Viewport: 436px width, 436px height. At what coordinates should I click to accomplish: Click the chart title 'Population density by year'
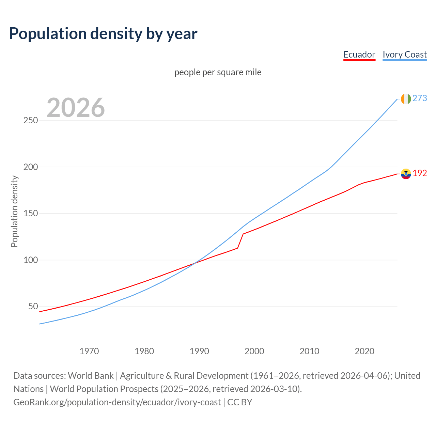click(x=103, y=34)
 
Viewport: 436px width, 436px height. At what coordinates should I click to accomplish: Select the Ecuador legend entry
click(x=359, y=54)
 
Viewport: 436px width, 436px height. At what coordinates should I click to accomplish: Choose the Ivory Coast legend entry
click(x=405, y=54)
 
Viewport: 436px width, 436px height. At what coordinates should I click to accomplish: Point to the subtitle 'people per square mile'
click(x=218, y=72)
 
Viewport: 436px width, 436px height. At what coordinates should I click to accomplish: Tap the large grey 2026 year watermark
click(x=76, y=108)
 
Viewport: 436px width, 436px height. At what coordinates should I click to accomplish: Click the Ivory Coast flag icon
click(x=406, y=99)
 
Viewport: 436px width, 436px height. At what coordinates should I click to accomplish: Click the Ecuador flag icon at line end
click(x=406, y=174)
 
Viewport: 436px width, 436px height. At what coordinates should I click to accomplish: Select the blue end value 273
click(x=420, y=98)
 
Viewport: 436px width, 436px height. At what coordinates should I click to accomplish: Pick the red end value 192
click(x=420, y=173)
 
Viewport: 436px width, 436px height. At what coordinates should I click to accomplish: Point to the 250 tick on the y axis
click(x=31, y=121)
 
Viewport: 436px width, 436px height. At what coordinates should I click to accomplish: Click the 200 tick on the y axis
click(x=31, y=167)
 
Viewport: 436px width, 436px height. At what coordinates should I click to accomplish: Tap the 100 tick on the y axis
click(x=31, y=260)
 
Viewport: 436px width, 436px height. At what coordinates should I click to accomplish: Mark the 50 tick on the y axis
click(x=33, y=307)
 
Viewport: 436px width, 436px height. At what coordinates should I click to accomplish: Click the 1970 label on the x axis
click(x=89, y=351)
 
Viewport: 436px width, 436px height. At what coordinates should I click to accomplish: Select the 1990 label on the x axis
click(x=199, y=351)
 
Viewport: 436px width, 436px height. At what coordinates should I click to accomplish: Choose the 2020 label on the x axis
click(x=364, y=351)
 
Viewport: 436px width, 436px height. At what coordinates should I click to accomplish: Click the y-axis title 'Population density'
click(x=14, y=211)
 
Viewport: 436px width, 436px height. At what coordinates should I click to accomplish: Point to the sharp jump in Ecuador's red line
click(x=240, y=241)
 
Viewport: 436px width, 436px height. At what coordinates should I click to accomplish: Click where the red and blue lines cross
click(x=195, y=263)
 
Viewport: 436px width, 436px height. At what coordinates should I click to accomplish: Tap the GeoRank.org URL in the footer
click(x=117, y=402)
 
